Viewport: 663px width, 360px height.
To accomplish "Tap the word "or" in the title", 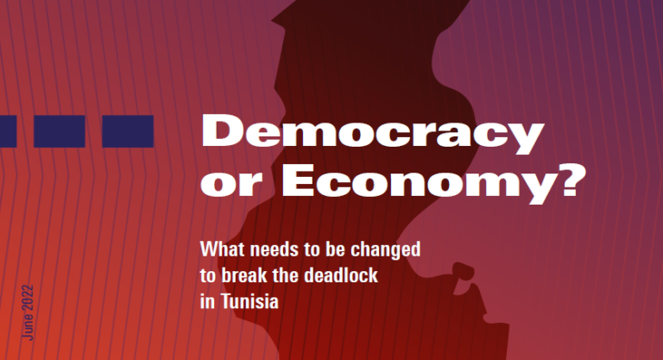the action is point(231,185).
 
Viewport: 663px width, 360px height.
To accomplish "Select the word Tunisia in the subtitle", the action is point(249,301).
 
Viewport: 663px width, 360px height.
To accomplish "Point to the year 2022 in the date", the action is point(28,297).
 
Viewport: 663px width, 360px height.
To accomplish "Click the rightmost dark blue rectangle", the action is point(128,131).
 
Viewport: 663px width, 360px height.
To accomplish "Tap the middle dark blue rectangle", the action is point(60,131).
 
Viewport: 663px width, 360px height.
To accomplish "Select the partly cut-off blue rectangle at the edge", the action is point(8,131).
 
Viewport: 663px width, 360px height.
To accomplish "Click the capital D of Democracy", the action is point(221,130).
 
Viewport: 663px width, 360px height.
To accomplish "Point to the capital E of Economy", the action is point(298,180).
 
